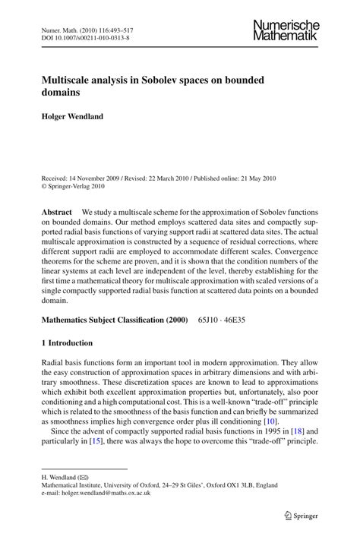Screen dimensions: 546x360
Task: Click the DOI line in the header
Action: pos(84,36)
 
